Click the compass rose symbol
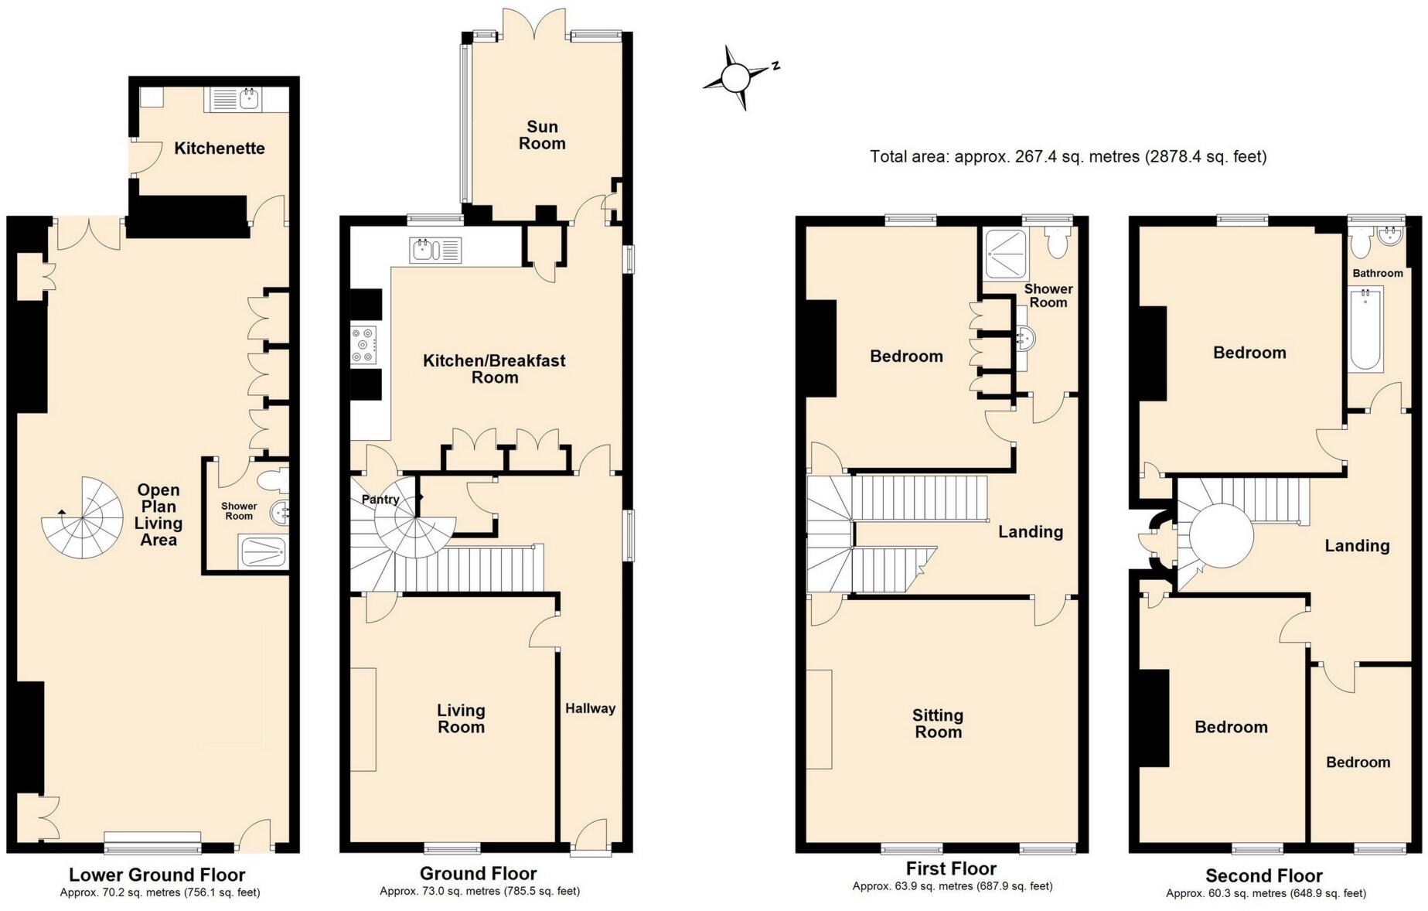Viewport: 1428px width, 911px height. pyautogui.click(x=737, y=77)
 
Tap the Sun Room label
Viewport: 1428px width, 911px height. pyautogui.click(x=542, y=135)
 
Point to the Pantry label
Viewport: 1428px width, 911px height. pyautogui.click(x=380, y=500)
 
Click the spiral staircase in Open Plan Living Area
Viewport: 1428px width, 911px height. pyautogui.click(x=82, y=518)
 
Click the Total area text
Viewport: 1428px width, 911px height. pyautogui.click(x=1068, y=157)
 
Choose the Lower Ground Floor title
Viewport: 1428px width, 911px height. pyautogui.click(x=157, y=875)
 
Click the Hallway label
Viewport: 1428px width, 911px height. pyautogui.click(x=590, y=708)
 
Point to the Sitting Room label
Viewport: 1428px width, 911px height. pyautogui.click(x=938, y=724)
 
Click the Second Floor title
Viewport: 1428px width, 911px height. pyautogui.click(x=1264, y=875)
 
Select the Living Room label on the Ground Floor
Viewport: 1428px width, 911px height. pyautogui.click(x=461, y=718)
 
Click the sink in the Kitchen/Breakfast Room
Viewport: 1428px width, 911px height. pyautogui.click(x=436, y=250)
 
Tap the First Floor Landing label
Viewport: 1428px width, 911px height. pyautogui.click(x=1030, y=532)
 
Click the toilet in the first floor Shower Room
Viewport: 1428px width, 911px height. pyautogui.click(x=1056, y=241)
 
